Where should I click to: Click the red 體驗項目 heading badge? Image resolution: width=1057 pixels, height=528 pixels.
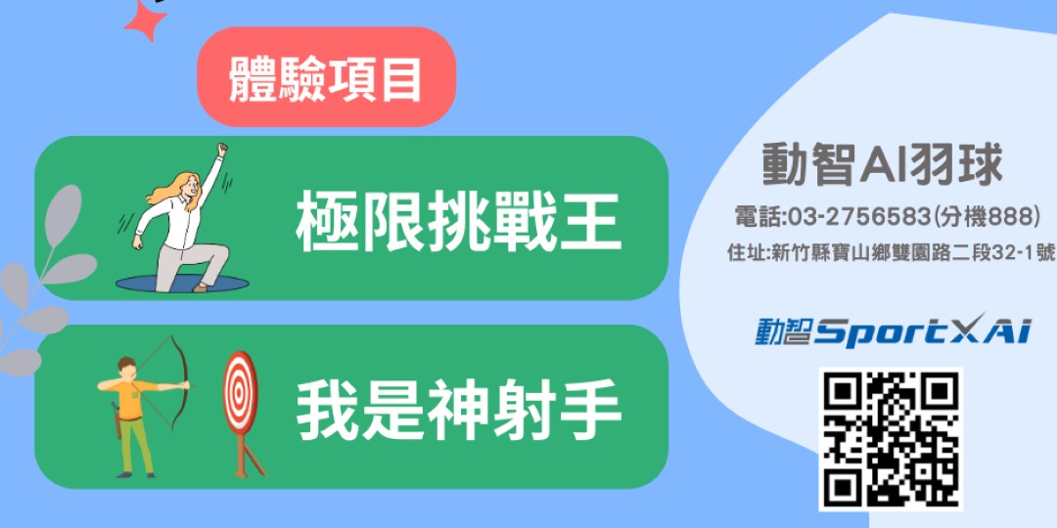(326, 77)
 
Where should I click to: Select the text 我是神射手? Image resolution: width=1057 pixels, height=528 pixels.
(458, 409)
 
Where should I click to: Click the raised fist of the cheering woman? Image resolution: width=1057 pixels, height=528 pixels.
(222, 150)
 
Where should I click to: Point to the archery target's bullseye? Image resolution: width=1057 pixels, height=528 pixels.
(240, 392)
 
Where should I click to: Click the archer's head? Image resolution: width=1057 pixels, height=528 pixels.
(125, 367)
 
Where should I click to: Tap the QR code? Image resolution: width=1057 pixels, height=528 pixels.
(890, 439)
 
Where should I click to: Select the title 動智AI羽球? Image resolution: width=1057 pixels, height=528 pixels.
(883, 165)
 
